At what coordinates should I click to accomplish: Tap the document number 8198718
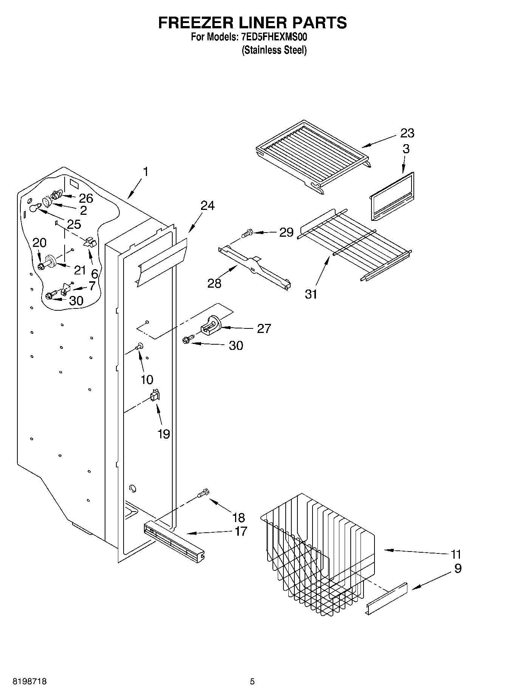[x=30, y=682]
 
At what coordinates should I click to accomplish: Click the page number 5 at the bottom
[x=252, y=682]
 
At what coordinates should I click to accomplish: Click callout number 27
[x=264, y=329]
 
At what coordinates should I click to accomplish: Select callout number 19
[x=164, y=434]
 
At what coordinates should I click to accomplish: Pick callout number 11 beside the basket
[x=456, y=555]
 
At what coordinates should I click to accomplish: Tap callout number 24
[x=207, y=206]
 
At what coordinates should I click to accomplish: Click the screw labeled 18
[x=203, y=493]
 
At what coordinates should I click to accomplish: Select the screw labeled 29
[x=248, y=233]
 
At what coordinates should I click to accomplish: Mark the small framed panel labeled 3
[x=391, y=197]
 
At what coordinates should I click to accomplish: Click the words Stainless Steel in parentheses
[x=274, y=50]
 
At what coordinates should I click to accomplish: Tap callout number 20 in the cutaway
[x=39, y=242]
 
